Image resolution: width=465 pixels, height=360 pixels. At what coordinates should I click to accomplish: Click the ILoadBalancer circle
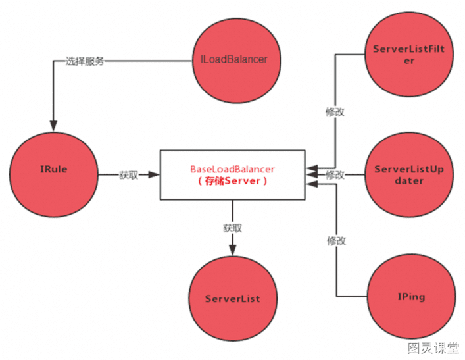point(237,61)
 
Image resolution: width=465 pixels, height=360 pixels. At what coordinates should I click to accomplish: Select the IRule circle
point(54,174)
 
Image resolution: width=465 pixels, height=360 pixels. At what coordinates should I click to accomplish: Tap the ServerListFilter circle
point(409,54)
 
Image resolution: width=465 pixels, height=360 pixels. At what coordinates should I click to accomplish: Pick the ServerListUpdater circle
point(409,174)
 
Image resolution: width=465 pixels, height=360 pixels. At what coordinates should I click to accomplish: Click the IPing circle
point(411,296)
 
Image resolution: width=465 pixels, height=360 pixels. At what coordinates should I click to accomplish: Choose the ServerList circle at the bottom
point(233,298)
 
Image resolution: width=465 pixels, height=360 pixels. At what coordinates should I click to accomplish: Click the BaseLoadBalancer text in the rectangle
point(232,169)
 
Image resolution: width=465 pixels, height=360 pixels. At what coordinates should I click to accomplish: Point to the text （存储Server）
point(232,181)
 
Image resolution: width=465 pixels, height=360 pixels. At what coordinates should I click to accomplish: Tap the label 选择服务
point(85,61)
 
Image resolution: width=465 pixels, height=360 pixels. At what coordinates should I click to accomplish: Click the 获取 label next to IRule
point(129,175)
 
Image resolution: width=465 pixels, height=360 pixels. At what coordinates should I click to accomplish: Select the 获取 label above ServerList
point(233,228)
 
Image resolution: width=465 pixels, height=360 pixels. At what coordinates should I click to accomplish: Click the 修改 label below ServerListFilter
point(335,112)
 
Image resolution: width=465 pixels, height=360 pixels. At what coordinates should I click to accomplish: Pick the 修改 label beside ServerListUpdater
point(335,175)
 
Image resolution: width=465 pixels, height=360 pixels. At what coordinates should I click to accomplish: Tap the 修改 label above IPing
point(336,241)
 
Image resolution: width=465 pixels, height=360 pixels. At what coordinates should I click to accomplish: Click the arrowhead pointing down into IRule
point(53,126)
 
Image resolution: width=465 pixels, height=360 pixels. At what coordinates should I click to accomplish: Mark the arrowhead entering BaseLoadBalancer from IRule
point(154,174)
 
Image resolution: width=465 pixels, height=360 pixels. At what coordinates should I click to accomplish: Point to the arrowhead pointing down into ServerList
point(233,250)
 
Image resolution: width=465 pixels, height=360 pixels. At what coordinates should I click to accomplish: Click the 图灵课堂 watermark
point(433,348)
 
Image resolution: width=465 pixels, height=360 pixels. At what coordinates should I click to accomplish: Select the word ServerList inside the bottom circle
point(233,299)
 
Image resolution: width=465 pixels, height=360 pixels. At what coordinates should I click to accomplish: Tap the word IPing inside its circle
point(411,297)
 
